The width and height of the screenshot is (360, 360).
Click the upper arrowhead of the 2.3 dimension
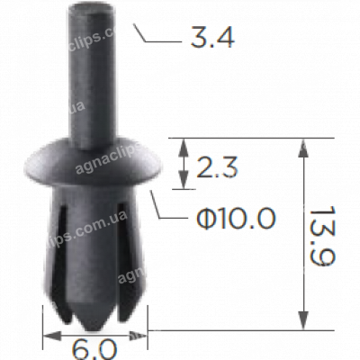pyautogui.click(x=184, y=145)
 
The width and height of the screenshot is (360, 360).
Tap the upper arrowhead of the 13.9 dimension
pyautogui.click(x=301, y=145)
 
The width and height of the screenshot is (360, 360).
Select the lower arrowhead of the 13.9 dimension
pyautogui.click(x=301, y=326)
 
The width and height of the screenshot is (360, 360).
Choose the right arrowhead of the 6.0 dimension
pyautogui.click(x=141, y=334)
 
